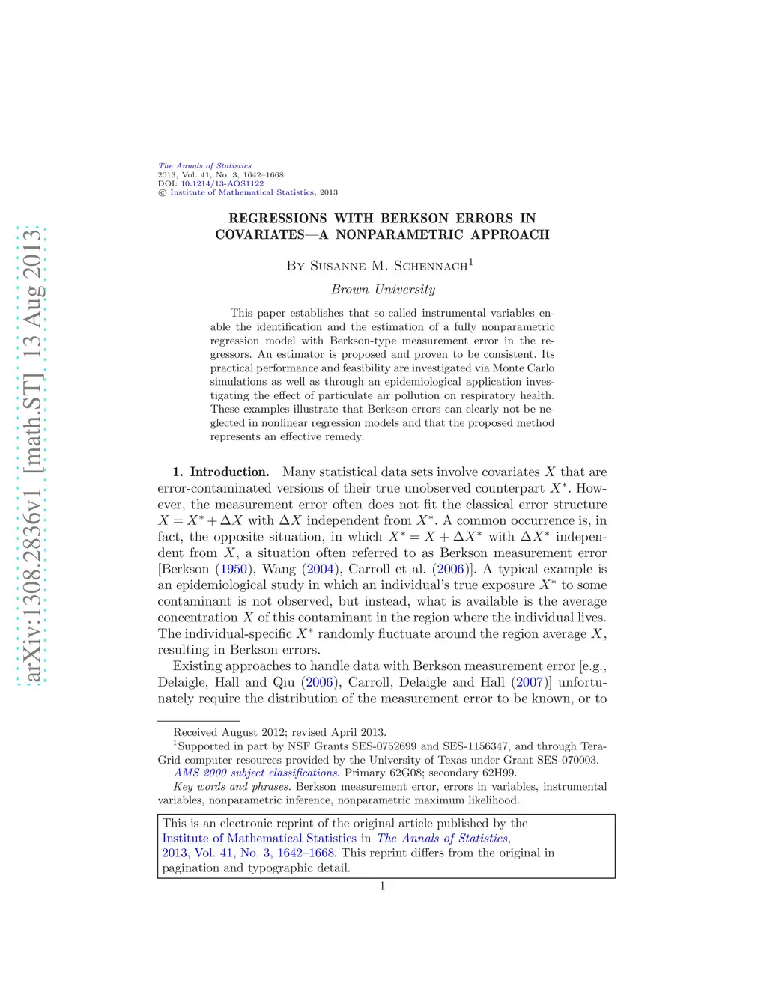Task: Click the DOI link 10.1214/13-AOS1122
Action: coord(222,183)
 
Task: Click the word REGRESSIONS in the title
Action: coord(277,219)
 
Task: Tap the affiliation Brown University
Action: coord(383,290)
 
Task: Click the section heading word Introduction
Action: coord(229,472)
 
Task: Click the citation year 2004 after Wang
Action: coord(320,569)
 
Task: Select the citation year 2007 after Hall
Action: coord(530,682)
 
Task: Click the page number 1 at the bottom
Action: coord(382,886)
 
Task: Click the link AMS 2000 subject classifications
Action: coord(256,773)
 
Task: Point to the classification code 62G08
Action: coord(405,773)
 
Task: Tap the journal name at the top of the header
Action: coord(204,165)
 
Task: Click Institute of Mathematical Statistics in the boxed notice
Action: coord(259,839)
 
